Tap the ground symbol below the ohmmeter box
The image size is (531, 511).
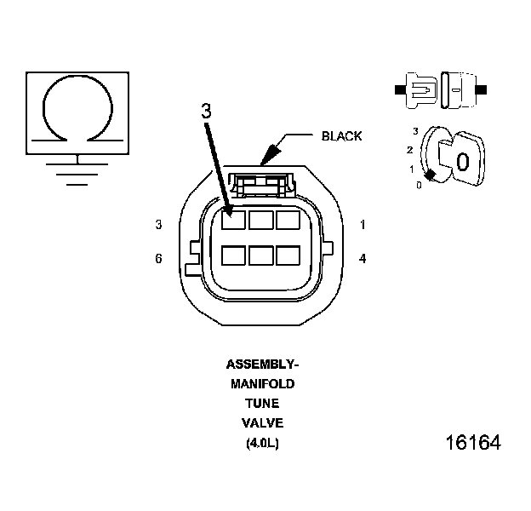pyautogui.click(x=78, y=171)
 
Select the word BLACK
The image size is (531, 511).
pyautogui.click(x=342, y=136)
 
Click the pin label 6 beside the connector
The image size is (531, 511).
pyautogui.click(x=158, y=258)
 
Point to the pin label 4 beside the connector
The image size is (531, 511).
pyautogui.click(x=363, y=258)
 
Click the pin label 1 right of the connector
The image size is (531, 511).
pyautogui.click(x=363, y=225)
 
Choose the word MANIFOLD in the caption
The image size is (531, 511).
pyautogui.click(x=262, y=384)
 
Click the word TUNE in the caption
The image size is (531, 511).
pyautogui.click(x=262, y=404)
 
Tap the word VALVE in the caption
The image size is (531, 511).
pyautogui.click(x=262, y=423)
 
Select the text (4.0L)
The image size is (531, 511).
pyautogui.click(x=262, y=443)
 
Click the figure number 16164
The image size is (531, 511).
pyautogui.click(x=473, y=444)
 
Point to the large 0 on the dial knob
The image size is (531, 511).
pyautogui.click(x=462, y=161)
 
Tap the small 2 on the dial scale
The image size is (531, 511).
pyautogui.click(x=409, y=151)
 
